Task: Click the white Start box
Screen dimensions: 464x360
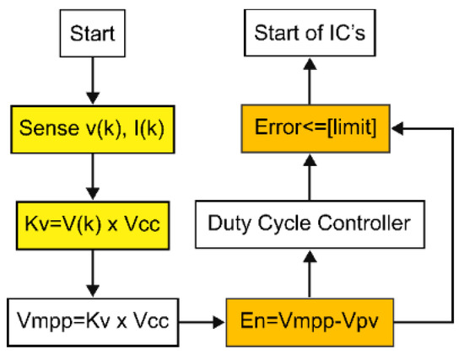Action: tap(93, 33)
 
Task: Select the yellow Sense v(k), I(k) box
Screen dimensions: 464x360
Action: tap(93, 129)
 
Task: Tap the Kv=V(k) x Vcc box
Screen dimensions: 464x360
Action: tap(93, 225)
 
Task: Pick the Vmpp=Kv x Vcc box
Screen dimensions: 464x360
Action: tap(93, 322)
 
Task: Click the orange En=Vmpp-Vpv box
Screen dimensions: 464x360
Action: tap(310, 322)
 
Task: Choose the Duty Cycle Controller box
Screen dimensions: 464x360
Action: tap(310, 224)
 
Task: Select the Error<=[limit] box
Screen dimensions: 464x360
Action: tap(316, 129)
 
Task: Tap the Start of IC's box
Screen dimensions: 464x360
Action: tap(310, 33)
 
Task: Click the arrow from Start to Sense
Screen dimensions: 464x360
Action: tap(93, 81)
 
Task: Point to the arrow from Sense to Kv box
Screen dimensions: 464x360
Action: tap(93, 177)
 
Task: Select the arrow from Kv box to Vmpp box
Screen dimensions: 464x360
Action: tap(93, 274)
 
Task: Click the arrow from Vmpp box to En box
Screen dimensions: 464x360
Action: tap(202, 322)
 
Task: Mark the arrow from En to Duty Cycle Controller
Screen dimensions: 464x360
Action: tap(310, 274)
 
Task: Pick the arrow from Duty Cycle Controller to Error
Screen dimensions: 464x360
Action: tap(310, 176)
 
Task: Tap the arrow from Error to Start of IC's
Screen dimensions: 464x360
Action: tap(310, 80)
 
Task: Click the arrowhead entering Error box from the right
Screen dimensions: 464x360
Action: tap(397, 129)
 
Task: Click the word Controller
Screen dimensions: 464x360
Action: tap(364, 223)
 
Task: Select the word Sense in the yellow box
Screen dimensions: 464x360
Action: tap(49, 128)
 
